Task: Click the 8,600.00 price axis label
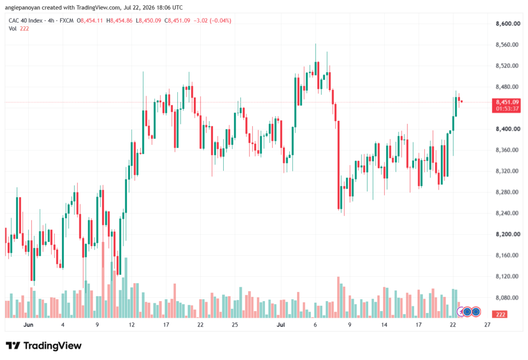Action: click(508, 24)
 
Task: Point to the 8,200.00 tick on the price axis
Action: click(508, 234)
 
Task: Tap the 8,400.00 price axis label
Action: click(508, 129)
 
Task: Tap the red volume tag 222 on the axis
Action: click(500, 314)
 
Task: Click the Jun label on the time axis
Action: click(28, 324)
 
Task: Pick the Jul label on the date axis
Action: click(280, 324)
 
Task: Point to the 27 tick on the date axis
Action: click(487, 324)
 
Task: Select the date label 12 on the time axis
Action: click(131, 324)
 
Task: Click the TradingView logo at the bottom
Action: click(43, 346)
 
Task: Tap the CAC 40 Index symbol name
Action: click(26, 21)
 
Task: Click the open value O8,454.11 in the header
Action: click(90, 21)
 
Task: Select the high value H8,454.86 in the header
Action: click(119, 21)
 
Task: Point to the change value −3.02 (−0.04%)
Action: click(212, 21)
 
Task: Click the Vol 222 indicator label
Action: click(19, 29)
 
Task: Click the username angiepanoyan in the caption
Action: click(22, 7)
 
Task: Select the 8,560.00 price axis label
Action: click(507, 45)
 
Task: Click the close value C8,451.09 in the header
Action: click(177, 21)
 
